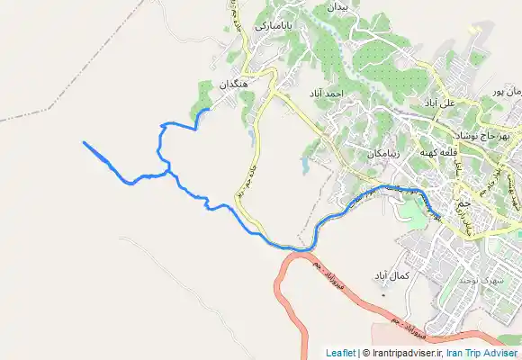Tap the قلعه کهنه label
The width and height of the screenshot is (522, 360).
[438, 153]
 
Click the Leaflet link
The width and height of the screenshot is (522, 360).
[340, 353]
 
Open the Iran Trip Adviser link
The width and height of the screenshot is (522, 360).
[481, 353]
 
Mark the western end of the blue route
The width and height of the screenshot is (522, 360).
[84, 142]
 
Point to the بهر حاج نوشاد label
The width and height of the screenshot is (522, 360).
[491, 135]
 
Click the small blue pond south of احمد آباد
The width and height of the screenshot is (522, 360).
[305, 166]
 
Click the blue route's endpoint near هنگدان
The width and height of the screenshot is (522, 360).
[210, 110]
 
